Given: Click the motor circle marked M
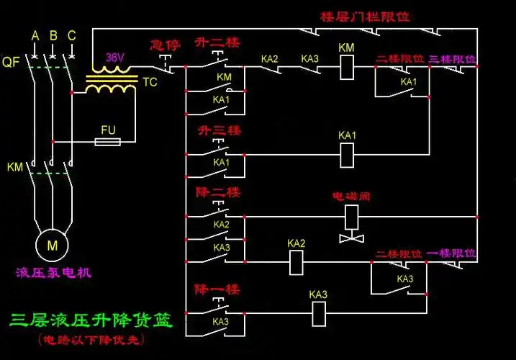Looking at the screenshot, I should tap(52, 245).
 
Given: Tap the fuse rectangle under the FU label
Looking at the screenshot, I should tap(109, 143).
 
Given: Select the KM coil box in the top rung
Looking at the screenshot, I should tap(346, 66).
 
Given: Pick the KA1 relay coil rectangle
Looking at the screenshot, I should tap(347, 153).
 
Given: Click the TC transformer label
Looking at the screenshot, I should tap(150, 82).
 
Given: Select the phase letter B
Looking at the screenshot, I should tap(53, 35).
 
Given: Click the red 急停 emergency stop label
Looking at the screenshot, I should tap(162, 45).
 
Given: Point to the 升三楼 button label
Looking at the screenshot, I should tap(218, 131).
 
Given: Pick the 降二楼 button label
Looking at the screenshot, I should tap(218, 193).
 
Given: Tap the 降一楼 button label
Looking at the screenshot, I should tap(218, 289).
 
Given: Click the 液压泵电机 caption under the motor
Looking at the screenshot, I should tap(53, 273).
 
